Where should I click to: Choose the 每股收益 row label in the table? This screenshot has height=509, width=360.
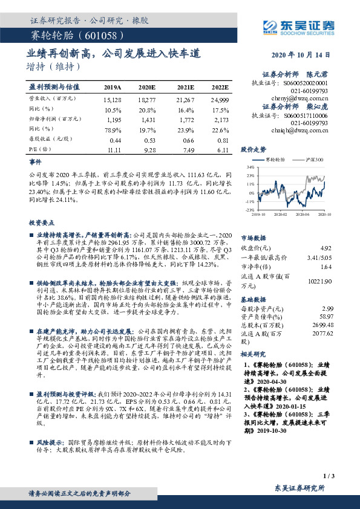pos(48,139)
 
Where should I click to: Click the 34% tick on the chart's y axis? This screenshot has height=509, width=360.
pos(250,167)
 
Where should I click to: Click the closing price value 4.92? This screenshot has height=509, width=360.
pos(326,248)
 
